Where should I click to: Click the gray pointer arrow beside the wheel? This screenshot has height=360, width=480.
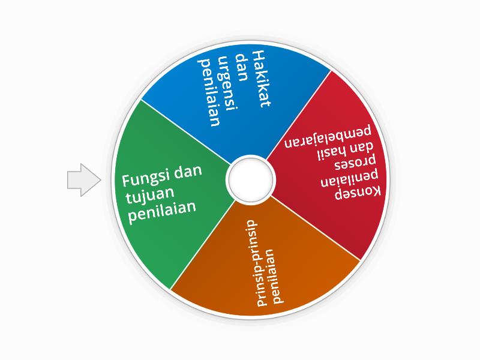coord(83,179)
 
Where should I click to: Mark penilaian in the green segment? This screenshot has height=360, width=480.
coord(163,211)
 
